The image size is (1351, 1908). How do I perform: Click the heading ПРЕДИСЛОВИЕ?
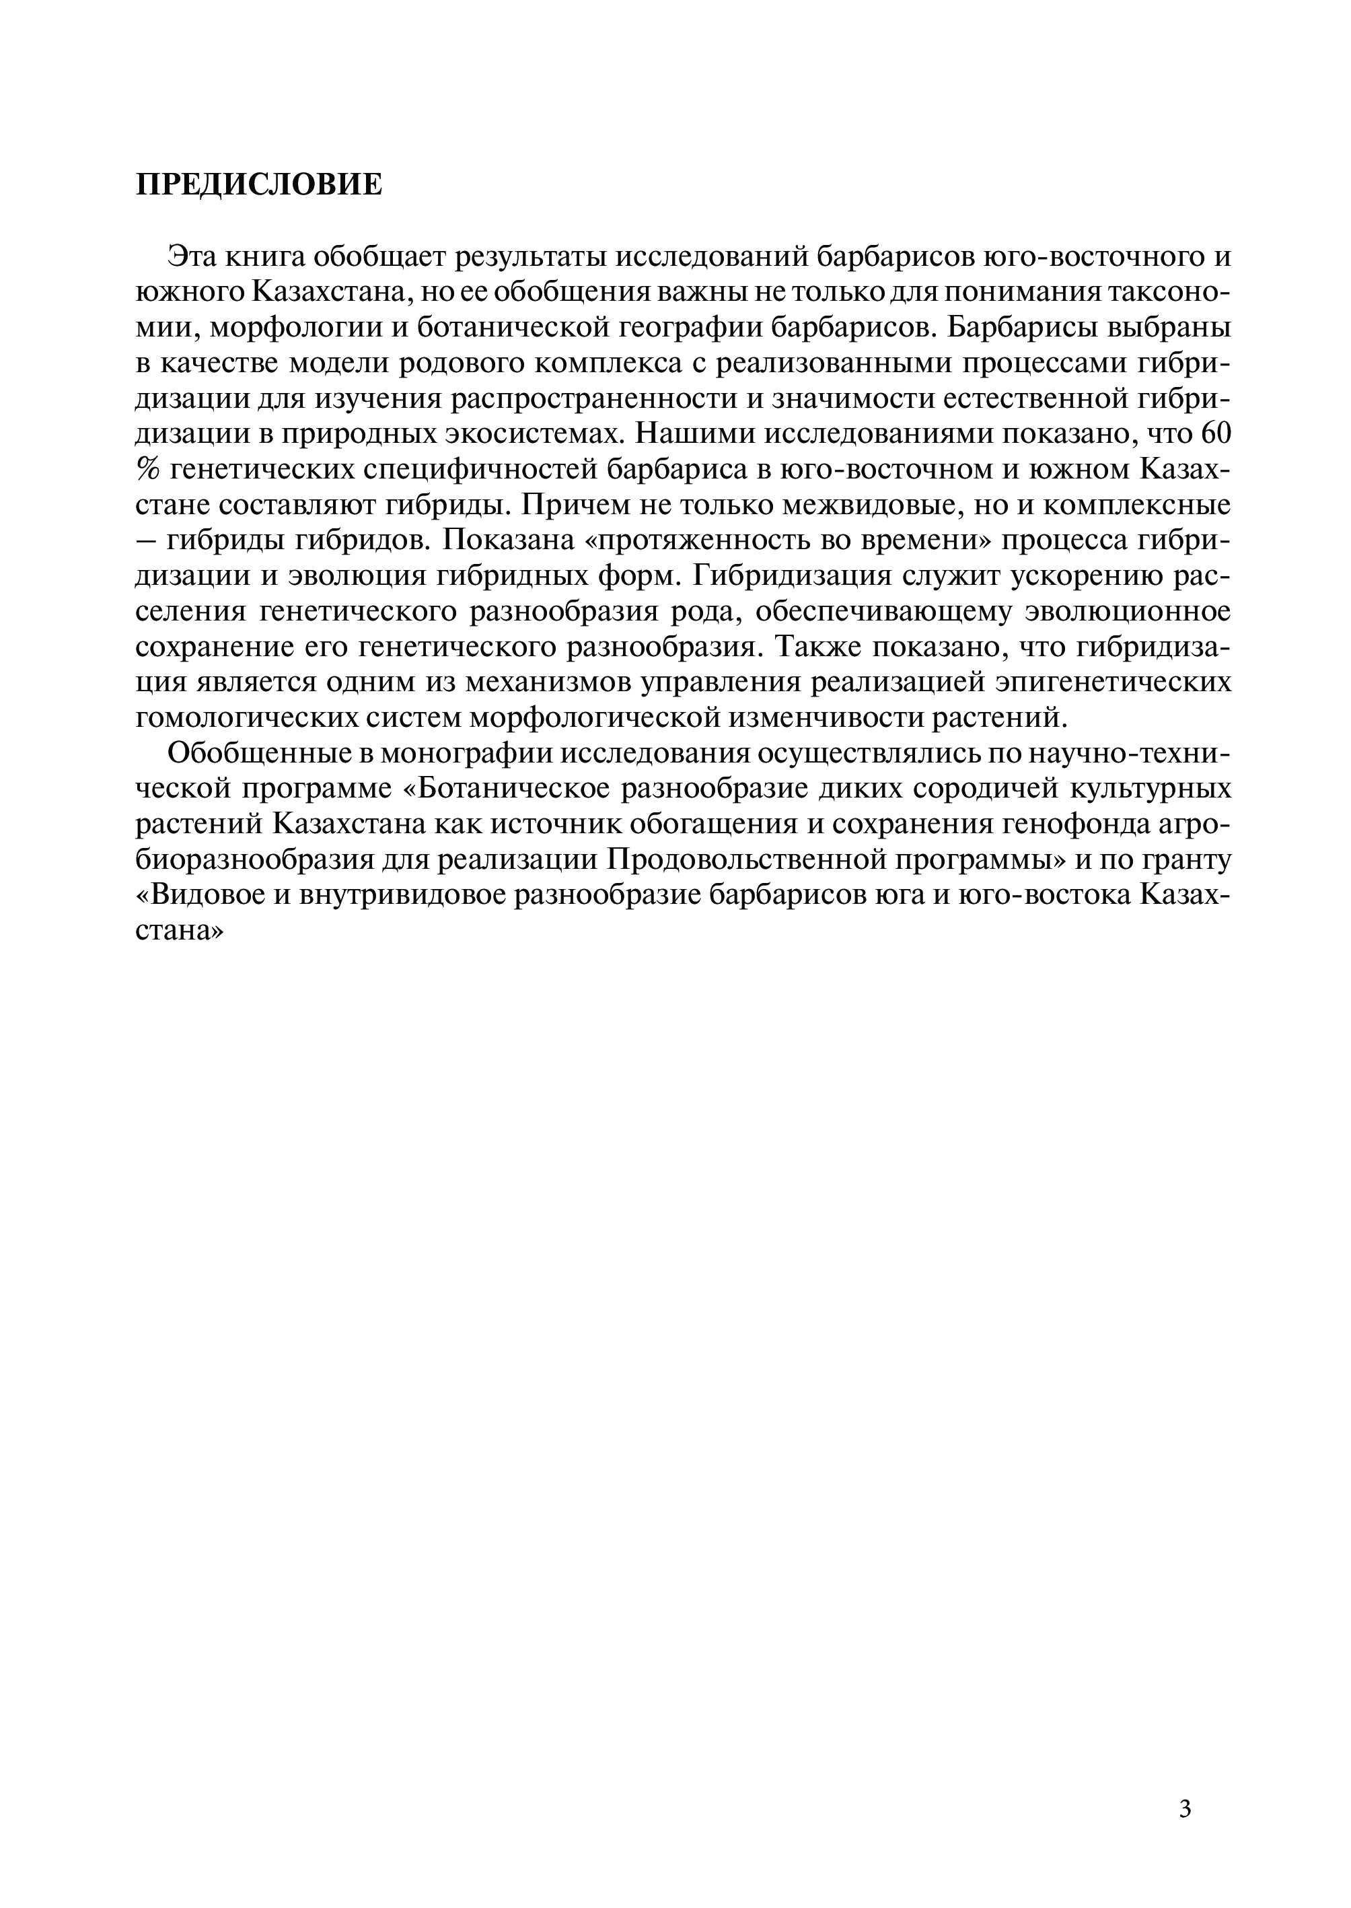[259, 184]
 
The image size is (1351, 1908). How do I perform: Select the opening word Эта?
[190, 256]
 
